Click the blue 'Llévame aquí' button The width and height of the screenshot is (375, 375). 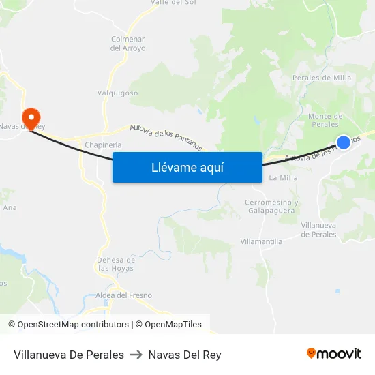click(x=187, y=168)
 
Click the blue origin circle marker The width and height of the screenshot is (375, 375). click(x=344, y=142)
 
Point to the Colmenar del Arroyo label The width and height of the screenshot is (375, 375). click(x=127, y=44)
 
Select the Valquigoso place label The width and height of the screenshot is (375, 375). click(x=118, y=93)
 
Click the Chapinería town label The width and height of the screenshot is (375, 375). click(x=103, y=145)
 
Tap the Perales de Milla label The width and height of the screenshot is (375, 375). click(x=322, y=78)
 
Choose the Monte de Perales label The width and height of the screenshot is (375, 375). click(x=325, y=120)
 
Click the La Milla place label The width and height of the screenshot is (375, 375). click(x=284, y=178)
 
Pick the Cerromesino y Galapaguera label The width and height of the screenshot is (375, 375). click(x=272, y=207)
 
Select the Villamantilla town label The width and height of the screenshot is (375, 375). click(x=261, y=241)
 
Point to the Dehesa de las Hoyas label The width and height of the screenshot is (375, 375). click(x=116, y=264)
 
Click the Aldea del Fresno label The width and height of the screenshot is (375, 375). click(x=124, y=295)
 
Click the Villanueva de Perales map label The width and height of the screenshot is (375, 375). click(x=318, y=230)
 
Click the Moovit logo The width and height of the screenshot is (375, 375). click(x=333, y=354)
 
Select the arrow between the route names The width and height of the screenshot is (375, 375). click(x=136, y=355)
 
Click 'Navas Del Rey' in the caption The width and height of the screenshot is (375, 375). click(x=184, y=355)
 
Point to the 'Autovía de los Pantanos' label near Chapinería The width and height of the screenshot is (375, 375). click(x=166, y=136)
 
